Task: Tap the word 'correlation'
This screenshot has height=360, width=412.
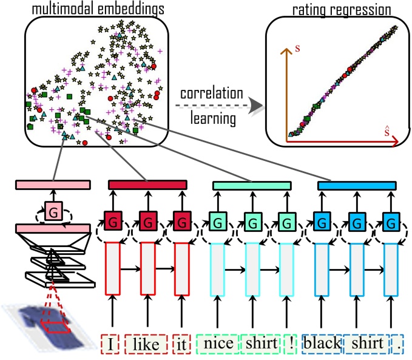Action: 211,95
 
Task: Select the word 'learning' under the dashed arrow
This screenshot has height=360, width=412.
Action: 212,118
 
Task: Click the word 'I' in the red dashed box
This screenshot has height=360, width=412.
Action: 110,344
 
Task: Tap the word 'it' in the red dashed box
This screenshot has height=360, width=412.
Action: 181,344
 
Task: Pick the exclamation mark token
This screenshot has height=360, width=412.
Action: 292,344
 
